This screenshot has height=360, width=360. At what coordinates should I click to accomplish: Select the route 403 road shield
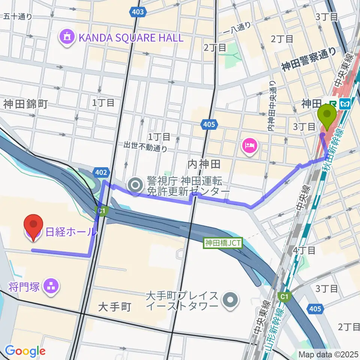tap(138, 12)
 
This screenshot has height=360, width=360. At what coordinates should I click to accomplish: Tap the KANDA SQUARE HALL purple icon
tap(67, 37)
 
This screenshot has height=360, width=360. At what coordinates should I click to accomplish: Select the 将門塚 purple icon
tap(50, 286)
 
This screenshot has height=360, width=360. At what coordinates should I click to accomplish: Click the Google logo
tap(25, 351)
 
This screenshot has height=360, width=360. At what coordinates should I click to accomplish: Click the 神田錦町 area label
tap(25, 104)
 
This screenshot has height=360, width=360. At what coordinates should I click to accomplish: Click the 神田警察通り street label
tap(309, 60)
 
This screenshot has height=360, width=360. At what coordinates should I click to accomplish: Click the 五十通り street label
tap(18, 16)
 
